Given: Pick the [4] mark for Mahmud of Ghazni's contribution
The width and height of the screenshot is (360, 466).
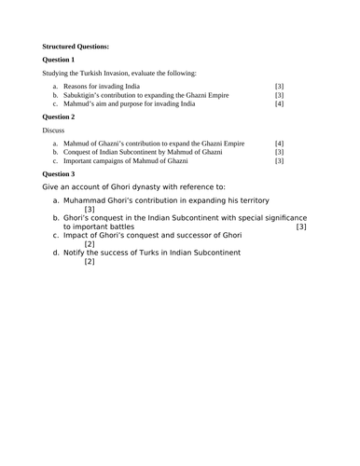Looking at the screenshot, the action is point(279,144).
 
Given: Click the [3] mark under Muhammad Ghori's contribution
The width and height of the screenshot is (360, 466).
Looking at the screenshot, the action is point(90,210).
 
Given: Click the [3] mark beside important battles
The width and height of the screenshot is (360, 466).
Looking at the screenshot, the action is point(300,226).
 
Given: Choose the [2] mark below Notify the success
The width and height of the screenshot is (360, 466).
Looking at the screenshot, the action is point(90,261).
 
